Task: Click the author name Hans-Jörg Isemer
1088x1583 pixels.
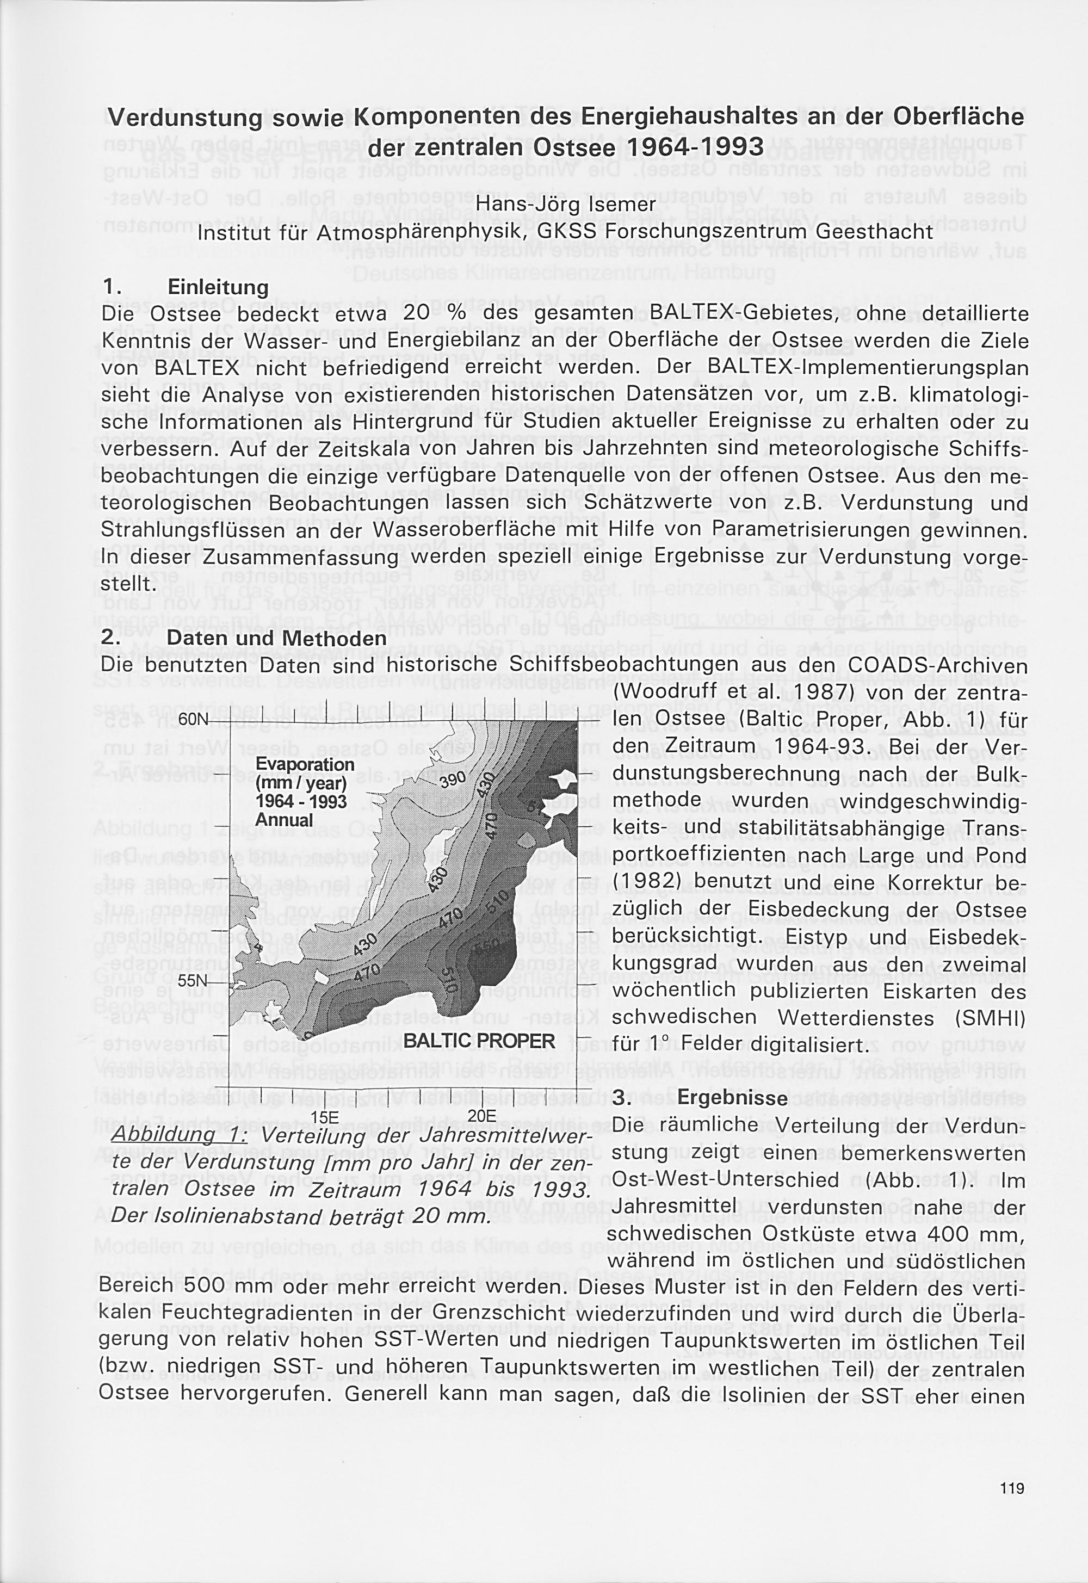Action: pos(565,204)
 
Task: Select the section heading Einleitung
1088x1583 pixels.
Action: pos(218,287)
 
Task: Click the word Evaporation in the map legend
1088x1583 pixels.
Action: pos(305,764)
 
